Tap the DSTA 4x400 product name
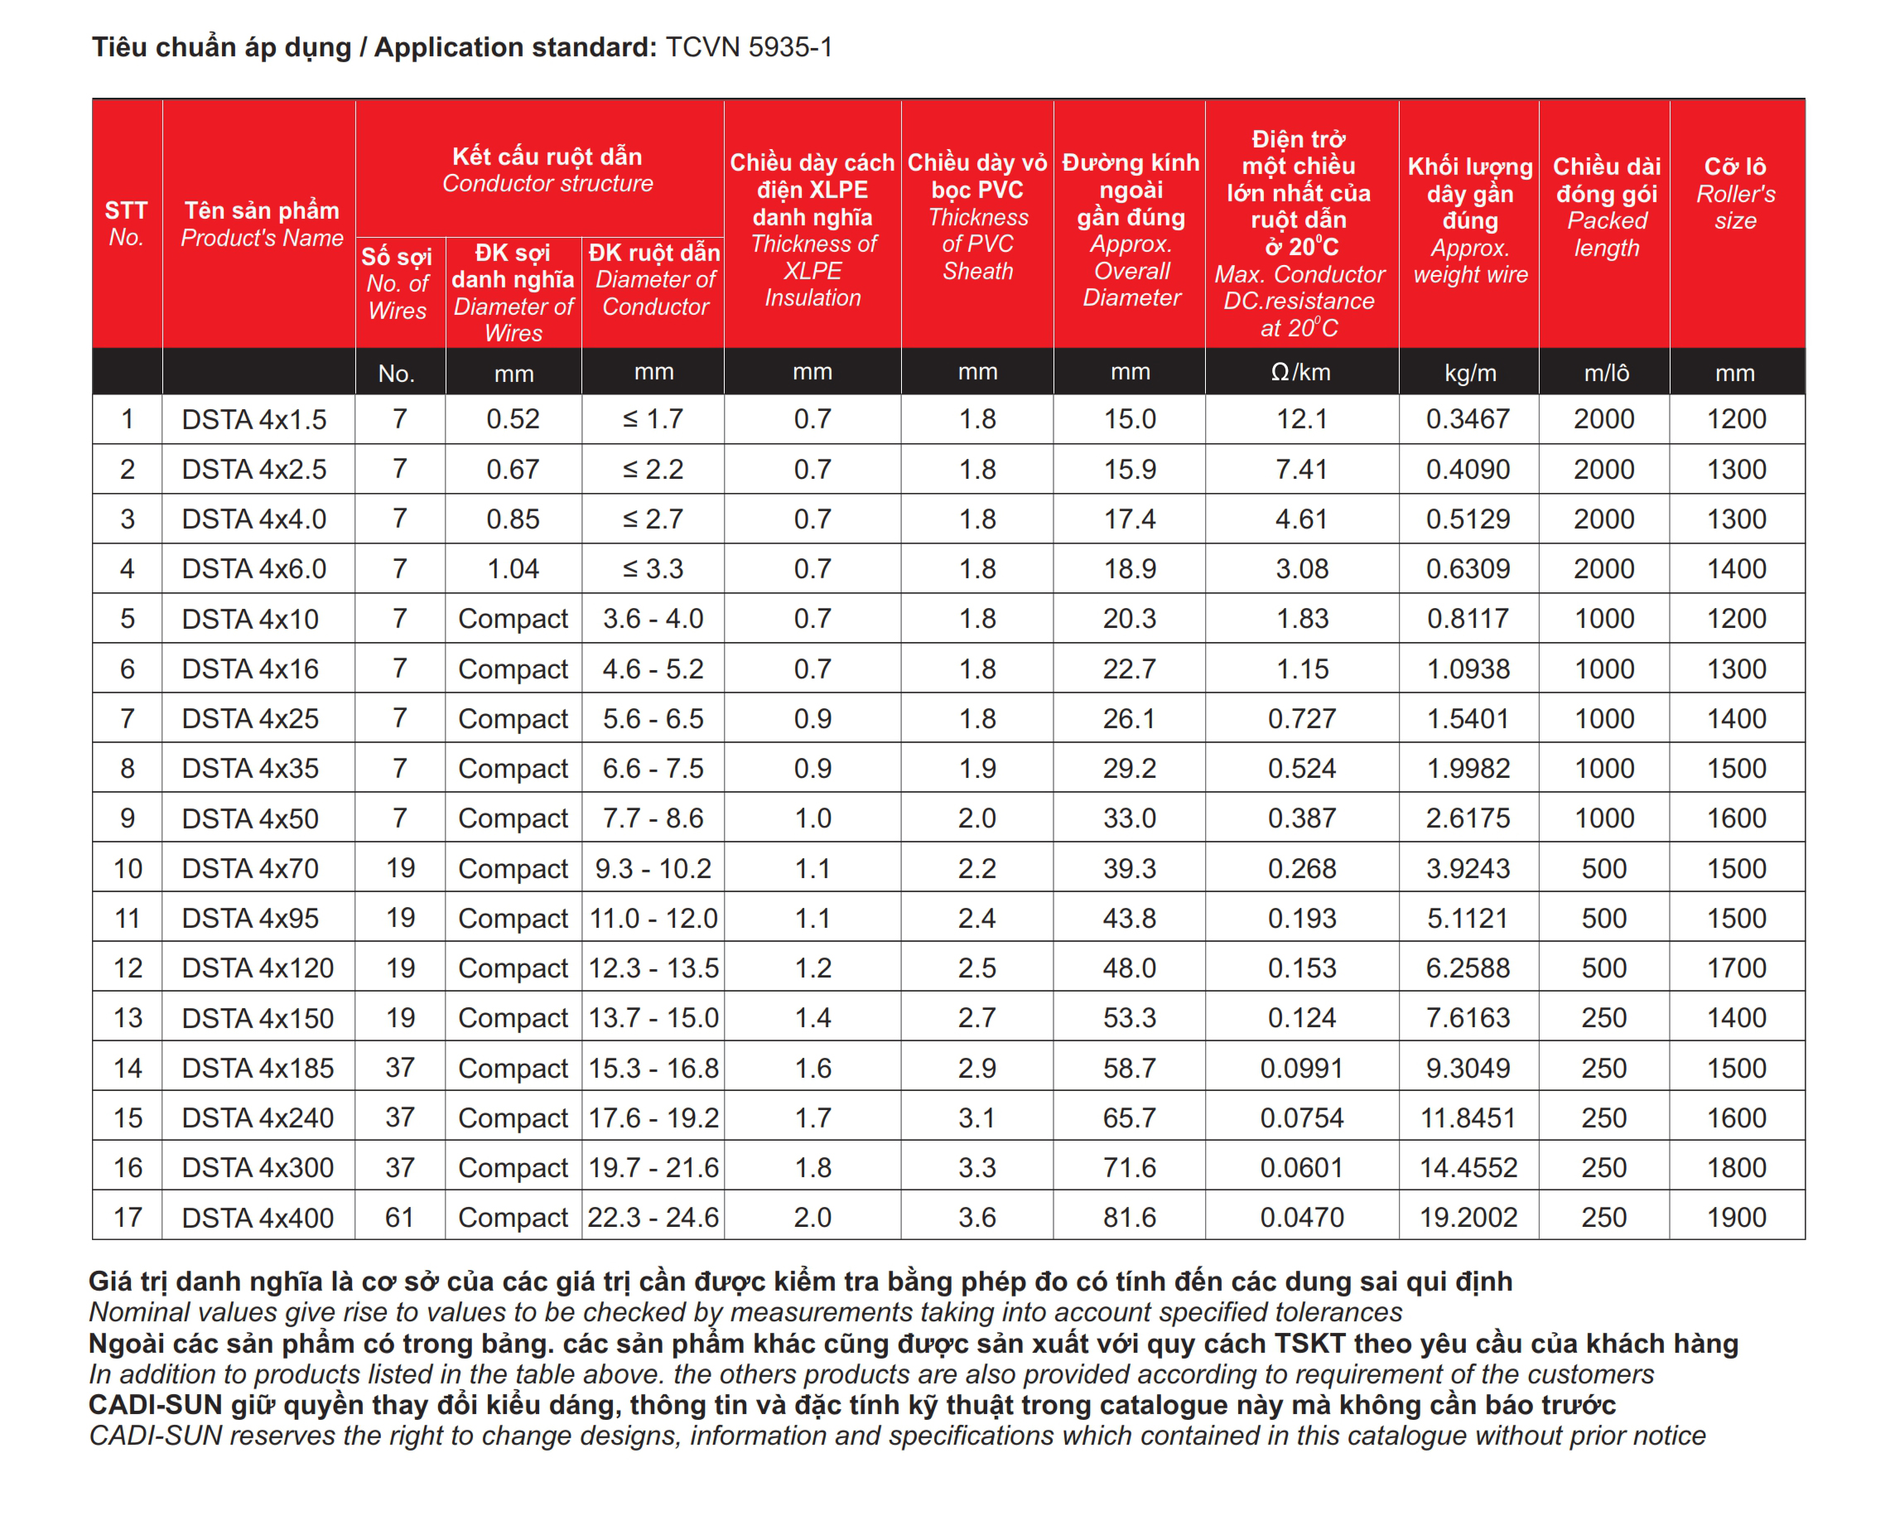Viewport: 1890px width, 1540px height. click(258, 1216)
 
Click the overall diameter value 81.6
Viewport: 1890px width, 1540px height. click(1129, 1216)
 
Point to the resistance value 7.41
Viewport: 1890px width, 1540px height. click(1301, 468)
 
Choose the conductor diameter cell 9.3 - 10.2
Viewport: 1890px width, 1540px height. click(653, 867)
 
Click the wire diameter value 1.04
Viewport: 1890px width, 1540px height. click(513, 568)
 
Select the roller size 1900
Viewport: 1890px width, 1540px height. click(1736, 1216)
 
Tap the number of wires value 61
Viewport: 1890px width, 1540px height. click(399, 1216)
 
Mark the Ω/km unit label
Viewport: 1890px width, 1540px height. click(1300, 372)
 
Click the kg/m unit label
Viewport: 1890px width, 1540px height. click(1469, 373)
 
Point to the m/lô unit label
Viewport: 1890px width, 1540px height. click(1605, 373)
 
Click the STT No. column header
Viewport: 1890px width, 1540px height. click(127, 223)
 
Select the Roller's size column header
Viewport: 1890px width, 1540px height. click(1736, 192)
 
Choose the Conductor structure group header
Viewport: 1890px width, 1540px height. click(547, 168)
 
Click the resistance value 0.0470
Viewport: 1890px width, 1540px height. click(1301, 1216)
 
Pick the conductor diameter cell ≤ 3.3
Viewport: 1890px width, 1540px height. click(653, 568)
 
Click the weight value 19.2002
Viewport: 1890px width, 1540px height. click(1468, 1216)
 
